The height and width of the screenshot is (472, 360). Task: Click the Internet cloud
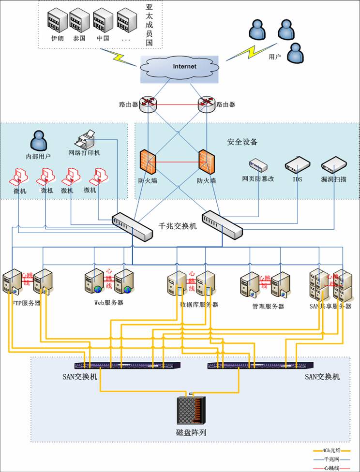(179, 68)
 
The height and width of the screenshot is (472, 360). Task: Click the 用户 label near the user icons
(274, 57)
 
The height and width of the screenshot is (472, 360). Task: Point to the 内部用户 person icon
(39, 141)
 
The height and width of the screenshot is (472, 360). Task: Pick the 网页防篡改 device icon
(258, 166)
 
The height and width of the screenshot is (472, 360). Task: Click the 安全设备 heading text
(242, 142)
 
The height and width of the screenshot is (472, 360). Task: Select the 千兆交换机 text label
(178, 226)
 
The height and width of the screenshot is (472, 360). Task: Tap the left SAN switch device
(128, 366)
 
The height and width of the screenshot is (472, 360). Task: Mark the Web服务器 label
(108, 303)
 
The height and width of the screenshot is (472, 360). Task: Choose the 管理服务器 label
(268, 306)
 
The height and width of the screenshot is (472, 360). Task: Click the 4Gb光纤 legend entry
(335, 450)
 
